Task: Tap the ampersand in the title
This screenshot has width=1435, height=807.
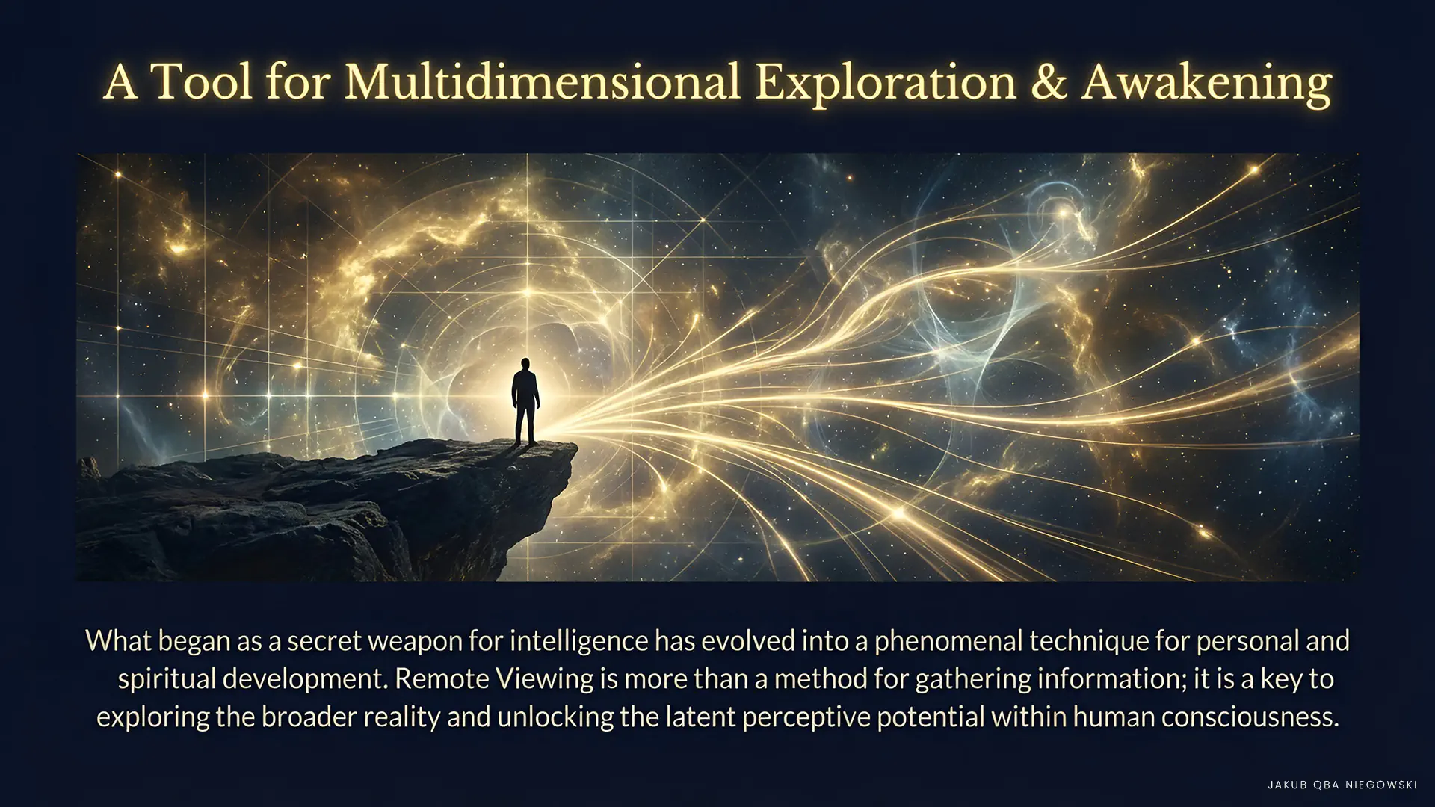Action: tap(1049, 82)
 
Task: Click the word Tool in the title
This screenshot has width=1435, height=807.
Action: tap(202, 81)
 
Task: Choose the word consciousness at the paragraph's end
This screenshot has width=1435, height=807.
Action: tap(1245, 717)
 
